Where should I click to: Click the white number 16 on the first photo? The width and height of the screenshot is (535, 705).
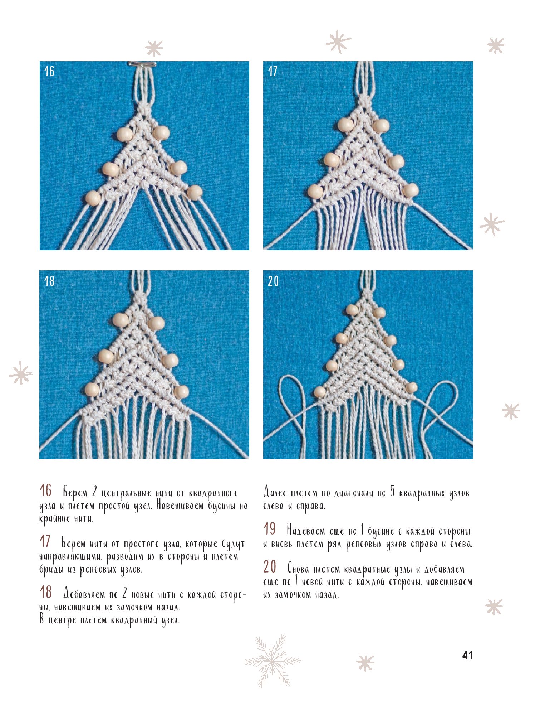tap(49, 71)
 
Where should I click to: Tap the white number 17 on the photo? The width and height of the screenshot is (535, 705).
tap(273, 71)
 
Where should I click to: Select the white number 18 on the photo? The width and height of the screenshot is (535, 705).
tap(49, 281)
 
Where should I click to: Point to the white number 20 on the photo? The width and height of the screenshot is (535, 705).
tap(273, 281)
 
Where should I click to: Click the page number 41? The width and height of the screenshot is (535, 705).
tap(467, 655)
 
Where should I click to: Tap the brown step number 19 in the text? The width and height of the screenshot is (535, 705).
tap(270, 529)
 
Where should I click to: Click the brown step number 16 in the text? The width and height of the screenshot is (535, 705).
tap(46, 491)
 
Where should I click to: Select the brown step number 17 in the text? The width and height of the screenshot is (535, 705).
tap(45, 541)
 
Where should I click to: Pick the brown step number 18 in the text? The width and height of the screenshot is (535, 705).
tap(46, 592)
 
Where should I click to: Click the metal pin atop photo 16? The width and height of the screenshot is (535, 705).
tap(142, 64)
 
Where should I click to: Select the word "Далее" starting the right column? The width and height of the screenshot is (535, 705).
tap(275, 493)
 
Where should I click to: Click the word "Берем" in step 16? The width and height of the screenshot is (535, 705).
tap(75, 493)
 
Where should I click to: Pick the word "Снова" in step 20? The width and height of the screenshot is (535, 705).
tap(298, 569)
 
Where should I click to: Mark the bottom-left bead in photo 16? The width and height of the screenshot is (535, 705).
tap(93, 198)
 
